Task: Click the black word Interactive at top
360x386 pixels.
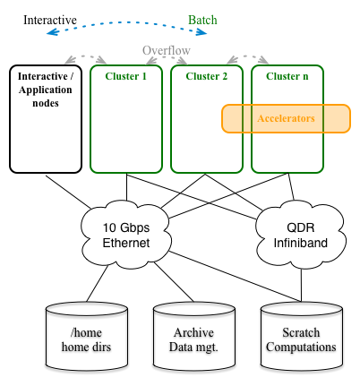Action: [x=50, y=20]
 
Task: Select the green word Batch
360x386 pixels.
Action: [x=202, y=20]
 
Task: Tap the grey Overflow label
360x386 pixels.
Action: [x=167, y=50]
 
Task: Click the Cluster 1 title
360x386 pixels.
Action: [x=126, y=76]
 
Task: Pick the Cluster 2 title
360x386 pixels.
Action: [x=207, y=76]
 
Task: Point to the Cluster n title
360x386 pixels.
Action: [x=287, y=76]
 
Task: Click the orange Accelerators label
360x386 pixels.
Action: [x=286, y=118]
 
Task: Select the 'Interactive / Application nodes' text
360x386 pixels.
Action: [x=46, y=90]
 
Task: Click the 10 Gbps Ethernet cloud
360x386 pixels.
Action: [x=126, y=235]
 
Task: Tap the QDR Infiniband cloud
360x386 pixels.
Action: [x=301, y=235]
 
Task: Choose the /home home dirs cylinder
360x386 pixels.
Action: [x=87, y=337]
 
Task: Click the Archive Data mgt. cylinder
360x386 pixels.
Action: [x=194, y=337]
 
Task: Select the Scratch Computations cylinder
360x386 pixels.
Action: [x=302, y=337]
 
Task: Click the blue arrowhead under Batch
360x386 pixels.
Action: [x=201, y=32]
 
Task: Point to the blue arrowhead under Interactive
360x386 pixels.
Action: [x=52, y=31]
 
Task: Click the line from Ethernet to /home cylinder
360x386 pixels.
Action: [x=98, y=283]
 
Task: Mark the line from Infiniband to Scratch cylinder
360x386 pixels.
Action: [x=301, y=285]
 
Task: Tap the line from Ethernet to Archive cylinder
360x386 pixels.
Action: [x=174, y=282]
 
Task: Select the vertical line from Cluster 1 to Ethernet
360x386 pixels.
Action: [x=126, y=187]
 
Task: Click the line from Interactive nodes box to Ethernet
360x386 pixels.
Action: [x=68, y=193]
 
